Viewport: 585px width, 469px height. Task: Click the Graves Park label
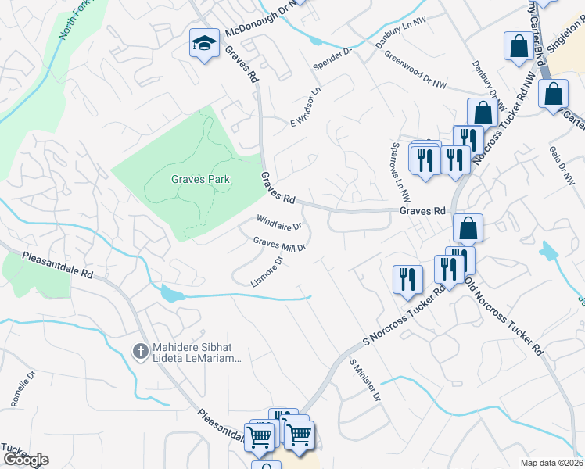tap(201, 179)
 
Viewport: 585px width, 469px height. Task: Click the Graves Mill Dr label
tap(278, 244)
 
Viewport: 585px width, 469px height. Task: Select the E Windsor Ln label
tap(307, 108)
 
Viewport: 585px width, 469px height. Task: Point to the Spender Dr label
tap(334, 57)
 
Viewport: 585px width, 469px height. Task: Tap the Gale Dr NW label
tap(562, 163)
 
